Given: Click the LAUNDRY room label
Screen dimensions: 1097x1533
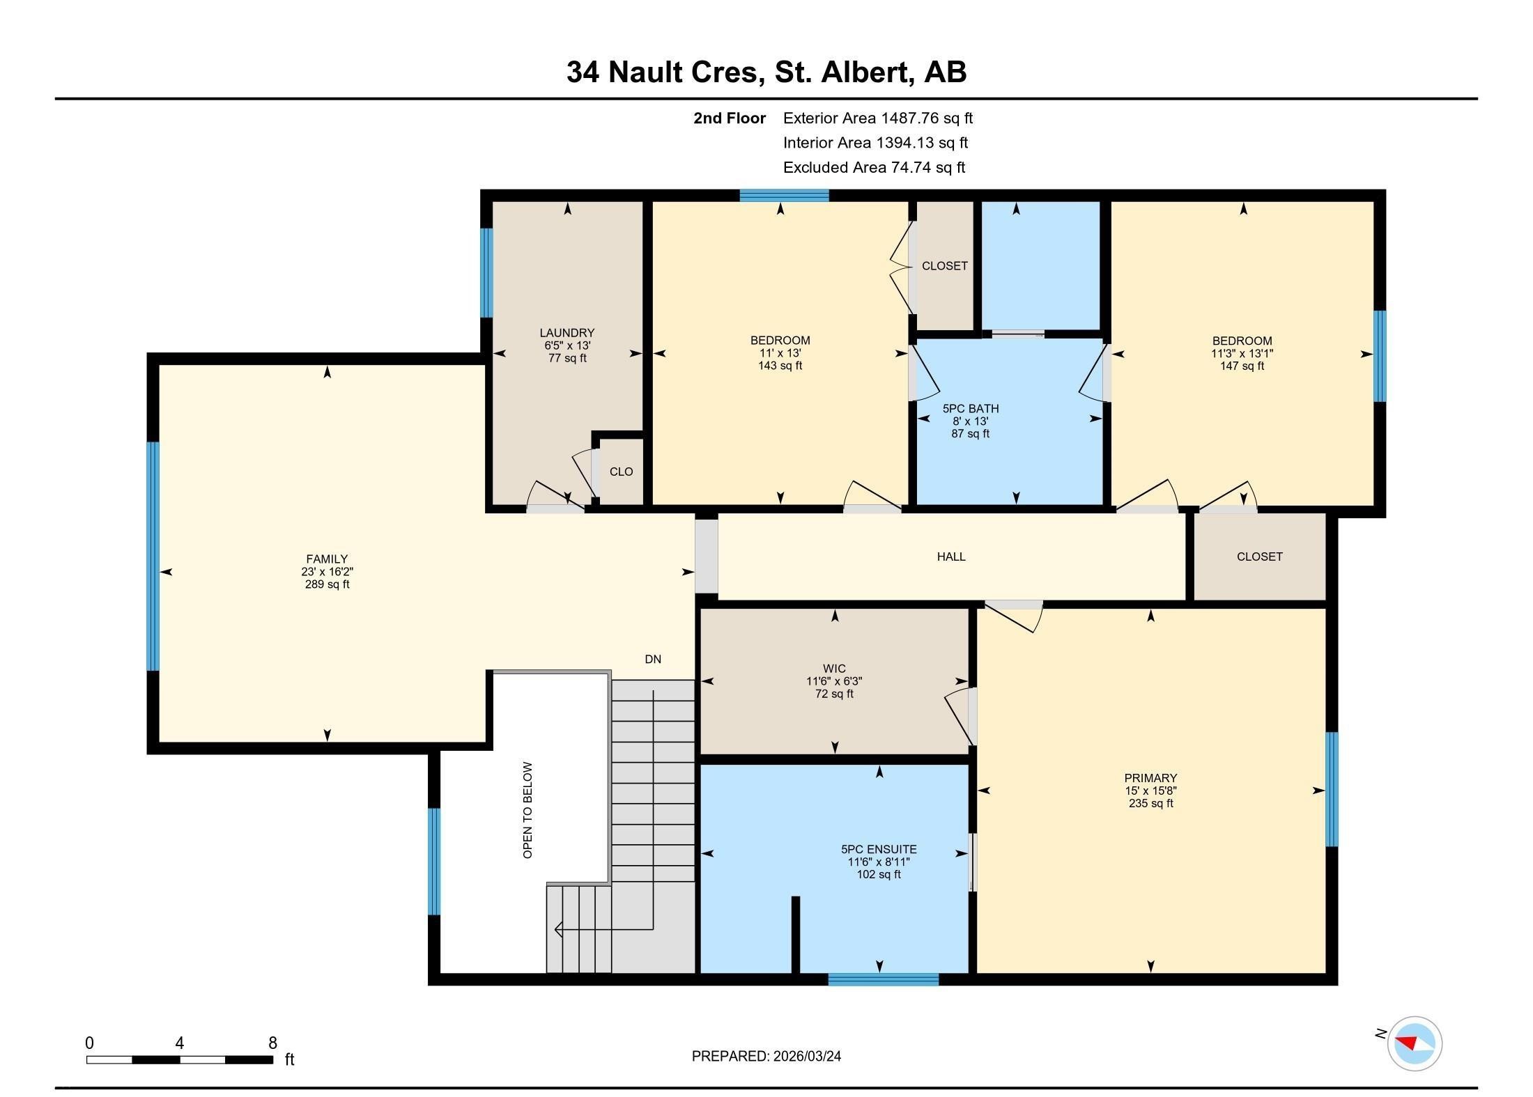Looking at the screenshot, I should tap(567, 333).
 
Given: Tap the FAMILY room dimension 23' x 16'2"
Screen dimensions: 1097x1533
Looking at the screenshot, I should tap(327, 571).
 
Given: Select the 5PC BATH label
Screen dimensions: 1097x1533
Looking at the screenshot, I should tap(970, 409).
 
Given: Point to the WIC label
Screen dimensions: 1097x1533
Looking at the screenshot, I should tap(834, 669).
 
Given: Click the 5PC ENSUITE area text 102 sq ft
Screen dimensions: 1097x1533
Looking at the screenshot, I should tap(879, 874).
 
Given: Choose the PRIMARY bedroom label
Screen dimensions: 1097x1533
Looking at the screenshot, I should tap(1150, 778).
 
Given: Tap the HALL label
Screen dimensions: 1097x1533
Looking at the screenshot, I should tap(950, 557).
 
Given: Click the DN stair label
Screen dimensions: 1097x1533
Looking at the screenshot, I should tap(652, 659).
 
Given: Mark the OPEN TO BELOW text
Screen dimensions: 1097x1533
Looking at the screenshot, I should tap(527, 810).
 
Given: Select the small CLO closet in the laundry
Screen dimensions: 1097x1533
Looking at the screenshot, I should tap(621, 472).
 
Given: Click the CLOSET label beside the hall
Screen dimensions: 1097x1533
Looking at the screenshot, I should tap(1259, 557).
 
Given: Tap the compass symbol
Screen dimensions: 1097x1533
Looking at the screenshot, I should tap(1414, 1043).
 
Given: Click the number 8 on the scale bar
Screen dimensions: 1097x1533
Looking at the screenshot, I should tap(272, 1043).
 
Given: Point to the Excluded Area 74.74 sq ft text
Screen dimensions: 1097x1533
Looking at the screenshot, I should tap(874, 167).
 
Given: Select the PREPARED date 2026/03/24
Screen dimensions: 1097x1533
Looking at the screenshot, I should tap(806, 1056).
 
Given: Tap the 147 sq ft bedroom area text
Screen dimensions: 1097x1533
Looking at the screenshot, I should tap(1242, 366).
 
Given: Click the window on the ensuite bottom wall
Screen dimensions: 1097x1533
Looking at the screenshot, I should tap(883, 979).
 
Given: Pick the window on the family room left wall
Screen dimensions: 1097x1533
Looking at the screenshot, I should tap(153, 556).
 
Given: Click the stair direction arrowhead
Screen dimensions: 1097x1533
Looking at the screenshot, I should tap(558, 929).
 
